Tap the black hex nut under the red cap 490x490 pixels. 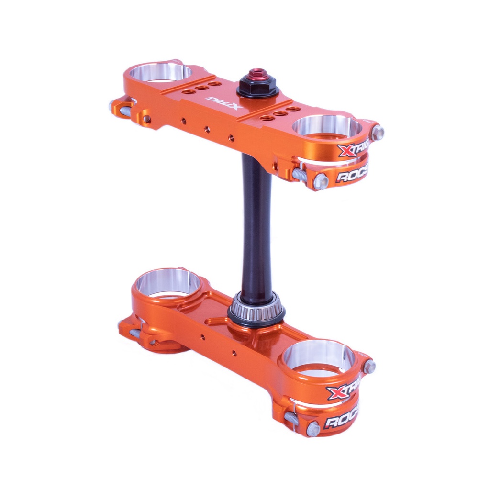pyautogui.click(x=257, y=89)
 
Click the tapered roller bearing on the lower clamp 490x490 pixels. pyautogui.click(x=256, y=312)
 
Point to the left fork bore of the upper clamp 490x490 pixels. pyautogui.click(x=160, y=73)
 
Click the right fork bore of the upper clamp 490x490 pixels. pyautogui.click(x=327, y=127)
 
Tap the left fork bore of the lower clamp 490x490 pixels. pyautogui.click(x=168, y=282)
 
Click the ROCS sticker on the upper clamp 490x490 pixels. pyautogui.click(x=352, y=175)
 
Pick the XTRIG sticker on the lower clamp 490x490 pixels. pyautogui.click(x=343, y=391)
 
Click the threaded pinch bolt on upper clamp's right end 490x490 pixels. pyautogui.click(x=300, y=175)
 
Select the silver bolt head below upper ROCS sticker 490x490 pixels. pyautogui.click(x=321, y=181)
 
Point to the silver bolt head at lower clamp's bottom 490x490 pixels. pyautogui.click(x=312, y=428)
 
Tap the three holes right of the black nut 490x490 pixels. pyautogui.click(x=280, y=113)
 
